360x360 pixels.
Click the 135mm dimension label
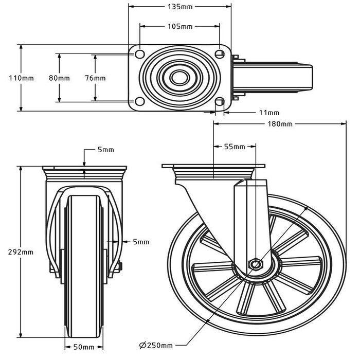pos(179,7)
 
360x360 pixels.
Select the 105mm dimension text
pos(179,26)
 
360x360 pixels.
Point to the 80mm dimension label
pos(59,78)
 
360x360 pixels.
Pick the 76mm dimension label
pos(95,78)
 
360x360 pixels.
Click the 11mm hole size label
pos(269,113)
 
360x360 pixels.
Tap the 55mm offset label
pos(235,147)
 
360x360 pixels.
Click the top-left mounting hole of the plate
pos(139,53)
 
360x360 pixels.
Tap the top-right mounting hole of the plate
pos(220,53)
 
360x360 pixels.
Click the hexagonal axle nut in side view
pos(256,264)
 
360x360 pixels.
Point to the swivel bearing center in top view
pos(179,78)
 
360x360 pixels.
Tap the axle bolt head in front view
pos(120,266)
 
